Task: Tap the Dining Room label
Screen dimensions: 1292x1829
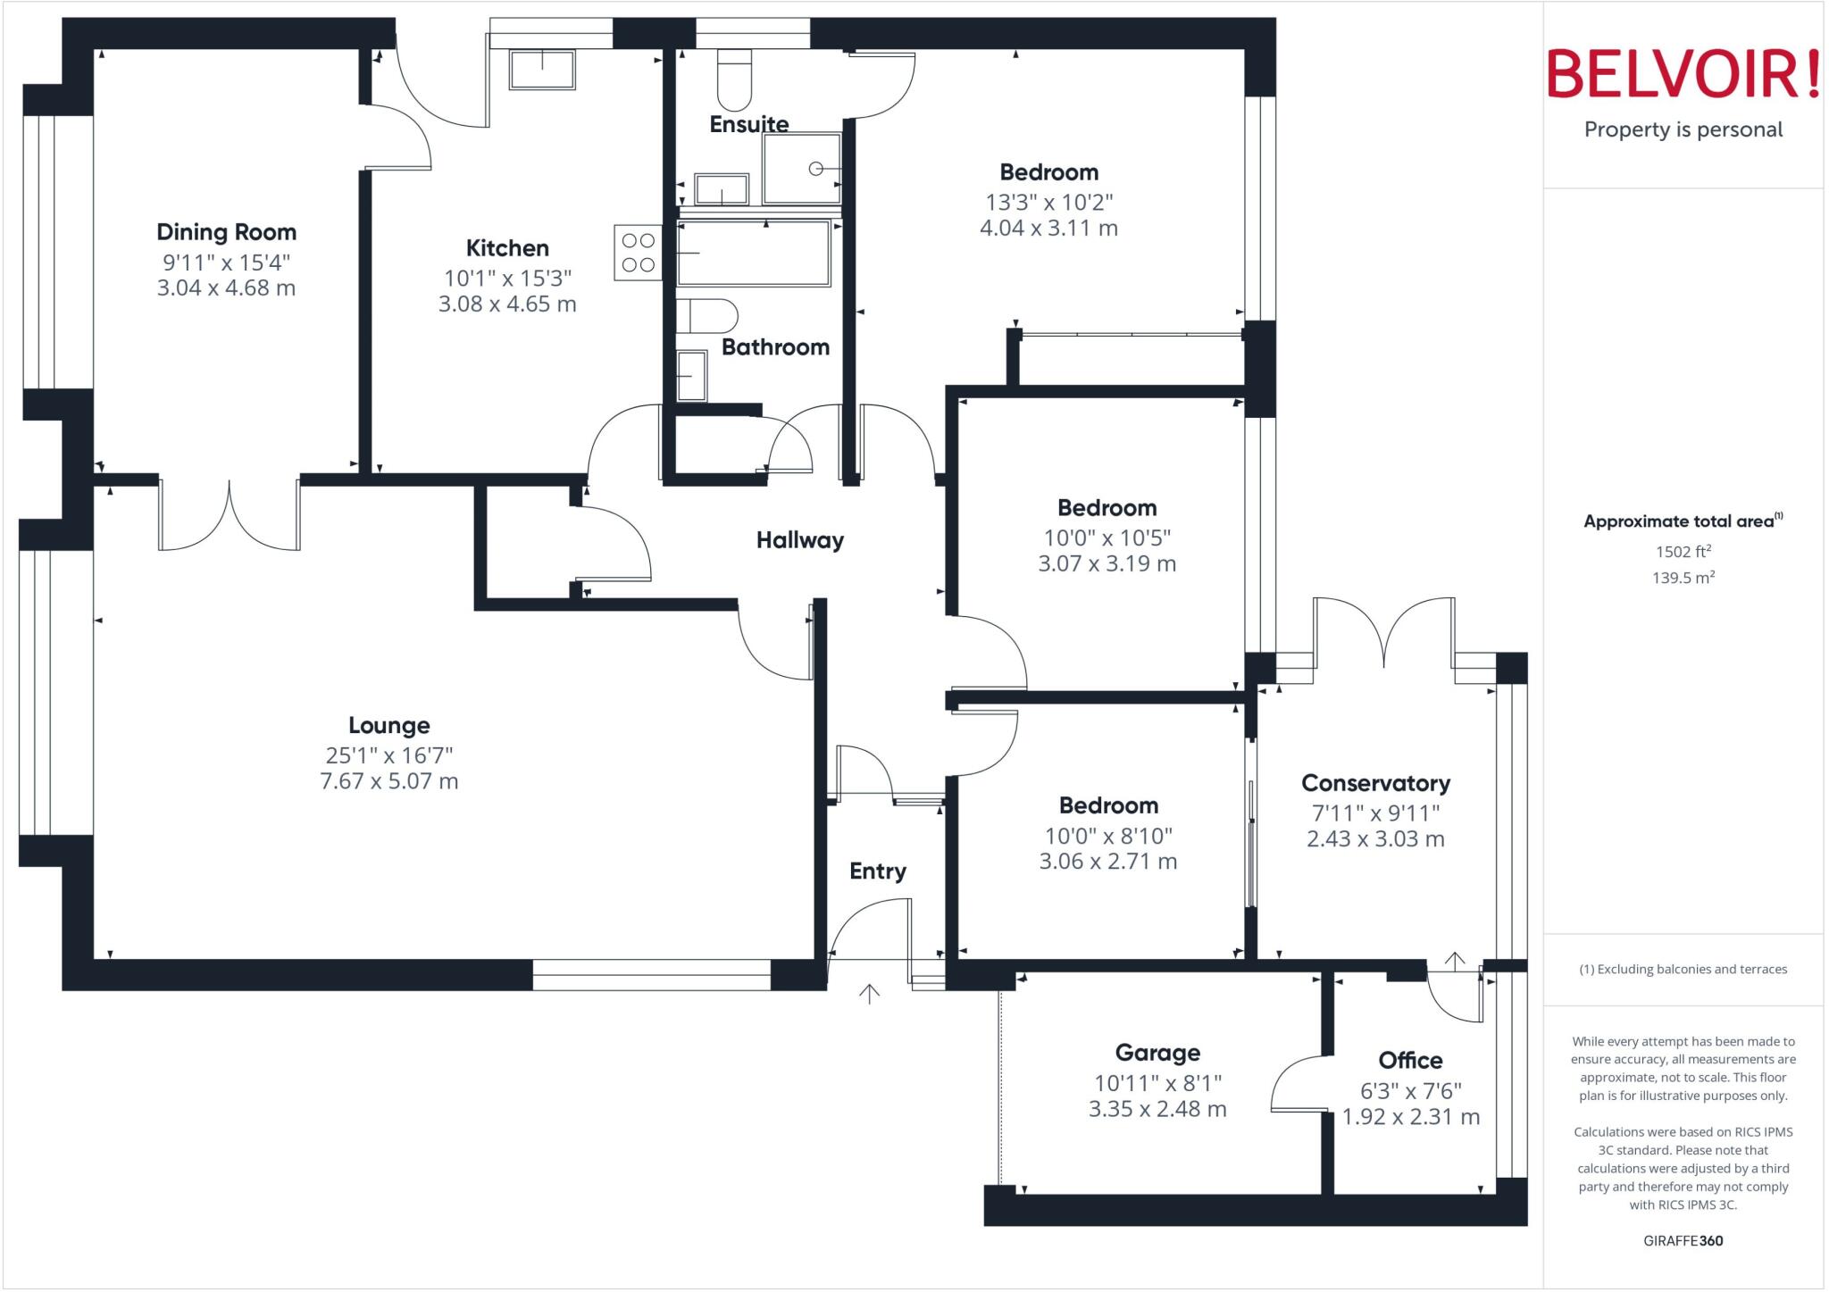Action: click(226, 232)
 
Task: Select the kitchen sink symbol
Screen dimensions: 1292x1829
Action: click(541, 70)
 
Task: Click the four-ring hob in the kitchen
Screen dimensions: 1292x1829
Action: click(638, 253)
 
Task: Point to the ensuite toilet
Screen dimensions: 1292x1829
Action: click(735, 79)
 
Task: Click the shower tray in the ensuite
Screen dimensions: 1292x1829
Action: click(801, 168)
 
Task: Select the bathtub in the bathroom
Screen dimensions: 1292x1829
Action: click(754, 254)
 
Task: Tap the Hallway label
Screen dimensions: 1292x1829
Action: click(799, 540)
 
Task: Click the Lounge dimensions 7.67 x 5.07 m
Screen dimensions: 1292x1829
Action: click(388, 781)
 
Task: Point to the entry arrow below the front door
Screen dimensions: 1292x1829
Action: click(869, 993)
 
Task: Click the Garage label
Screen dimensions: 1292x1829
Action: click(1157, 1053)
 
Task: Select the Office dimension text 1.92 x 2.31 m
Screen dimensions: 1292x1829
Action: click(1410, 1117)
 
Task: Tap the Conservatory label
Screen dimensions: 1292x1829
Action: click(1375, 783)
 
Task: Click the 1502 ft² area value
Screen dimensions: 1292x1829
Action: click(1683, 552)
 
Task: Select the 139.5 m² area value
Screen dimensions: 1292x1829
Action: click(1683, 578)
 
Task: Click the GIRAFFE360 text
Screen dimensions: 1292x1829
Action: click(1683, 1240)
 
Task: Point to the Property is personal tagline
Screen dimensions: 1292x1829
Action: click(1683, 129)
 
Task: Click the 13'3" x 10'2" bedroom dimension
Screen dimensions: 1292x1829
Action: click(1048, 202)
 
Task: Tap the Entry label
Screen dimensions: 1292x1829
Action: click(877, 871)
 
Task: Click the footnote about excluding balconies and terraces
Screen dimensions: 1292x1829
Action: click(1683, 969)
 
